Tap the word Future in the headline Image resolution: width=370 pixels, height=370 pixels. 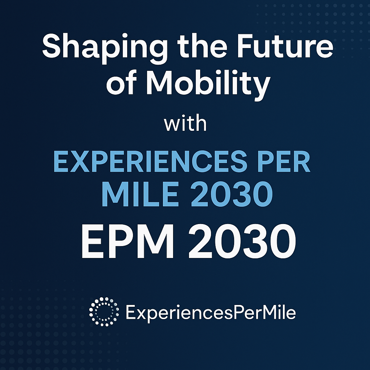285,46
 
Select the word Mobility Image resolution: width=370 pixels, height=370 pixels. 208,83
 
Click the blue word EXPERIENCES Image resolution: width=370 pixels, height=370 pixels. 150,162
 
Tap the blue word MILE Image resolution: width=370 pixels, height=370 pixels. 140,194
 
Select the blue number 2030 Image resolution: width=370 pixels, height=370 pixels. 232,194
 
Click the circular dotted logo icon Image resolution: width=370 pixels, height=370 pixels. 104,312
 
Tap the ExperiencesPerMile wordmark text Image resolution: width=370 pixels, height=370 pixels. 211,313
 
